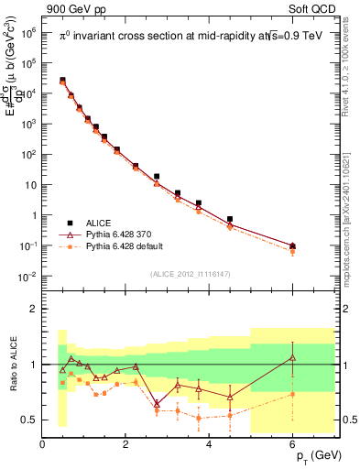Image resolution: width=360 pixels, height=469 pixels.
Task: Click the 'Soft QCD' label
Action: click(310, 8)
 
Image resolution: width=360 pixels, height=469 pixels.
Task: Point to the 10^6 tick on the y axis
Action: click(27, 32)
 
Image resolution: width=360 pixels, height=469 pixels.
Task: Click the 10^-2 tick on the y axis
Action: click(27, 277)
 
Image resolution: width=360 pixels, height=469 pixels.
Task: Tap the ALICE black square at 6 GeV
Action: click(292, 245)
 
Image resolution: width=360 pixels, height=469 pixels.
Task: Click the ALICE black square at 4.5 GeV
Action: click(230, 220)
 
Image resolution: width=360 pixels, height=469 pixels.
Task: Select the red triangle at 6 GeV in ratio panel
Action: click(292, 357)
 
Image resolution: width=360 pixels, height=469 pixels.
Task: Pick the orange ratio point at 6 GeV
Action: click(292, 394)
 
